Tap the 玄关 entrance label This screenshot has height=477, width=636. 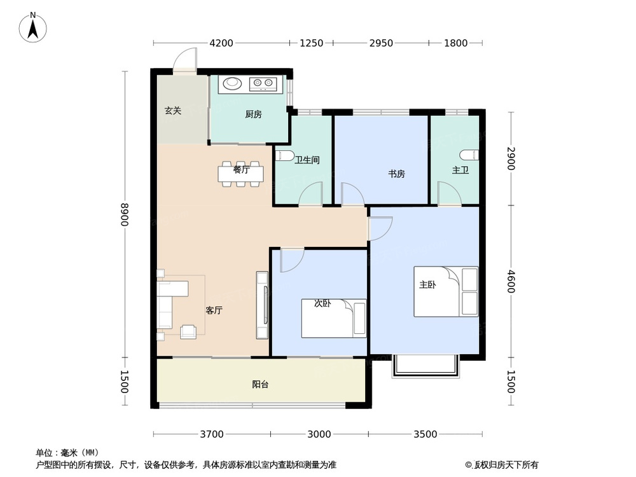point(173,111)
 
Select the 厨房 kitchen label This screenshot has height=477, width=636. point(253,114)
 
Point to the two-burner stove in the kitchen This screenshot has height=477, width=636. point(264,83)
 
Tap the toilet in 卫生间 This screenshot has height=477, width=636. point(284,156)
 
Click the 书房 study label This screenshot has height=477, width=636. point(397,174)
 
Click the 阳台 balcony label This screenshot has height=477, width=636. point(259,384)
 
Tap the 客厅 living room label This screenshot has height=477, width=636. point(214,310)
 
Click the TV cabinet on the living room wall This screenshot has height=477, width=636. point(261,305)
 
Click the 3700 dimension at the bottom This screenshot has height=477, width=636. point(212,434)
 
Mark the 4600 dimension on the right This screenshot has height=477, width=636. point(511,280)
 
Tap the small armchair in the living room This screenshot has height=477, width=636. point(189,331)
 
